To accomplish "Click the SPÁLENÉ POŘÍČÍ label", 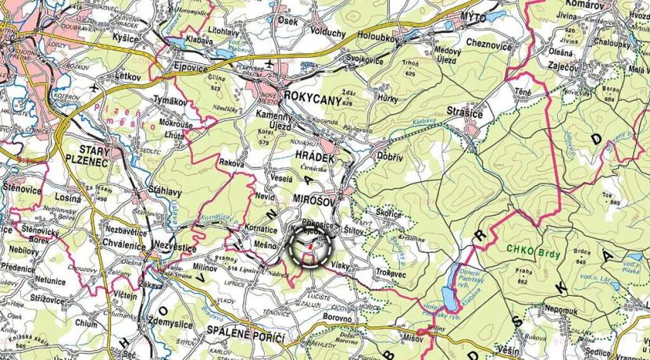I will point(245,334).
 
